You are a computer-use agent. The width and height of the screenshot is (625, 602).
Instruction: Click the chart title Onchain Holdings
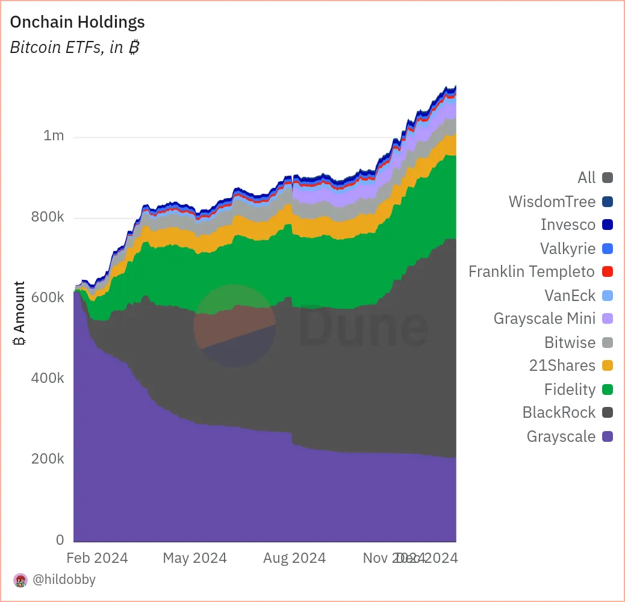click(x=78, y=22)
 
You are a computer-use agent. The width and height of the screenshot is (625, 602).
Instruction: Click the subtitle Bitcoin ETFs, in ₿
click(x=75, y=48)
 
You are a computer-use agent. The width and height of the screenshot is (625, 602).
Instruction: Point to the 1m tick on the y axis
click(x=54, y=136)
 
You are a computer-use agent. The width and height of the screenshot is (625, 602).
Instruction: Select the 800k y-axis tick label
click(x=48, y=217)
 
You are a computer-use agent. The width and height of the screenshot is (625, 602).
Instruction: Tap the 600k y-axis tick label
click(x=48, y=298)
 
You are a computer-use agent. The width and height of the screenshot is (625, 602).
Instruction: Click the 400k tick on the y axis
click(x=48, y=379)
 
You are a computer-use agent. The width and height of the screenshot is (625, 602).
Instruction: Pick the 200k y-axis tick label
click(x=48, y=459)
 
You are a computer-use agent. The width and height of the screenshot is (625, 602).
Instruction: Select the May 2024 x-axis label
click(x=194, y=558)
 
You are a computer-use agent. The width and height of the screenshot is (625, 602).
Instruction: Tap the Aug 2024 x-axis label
click(x=294, y=558)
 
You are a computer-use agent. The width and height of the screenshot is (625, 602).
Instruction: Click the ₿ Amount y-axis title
click(x=19, y=314)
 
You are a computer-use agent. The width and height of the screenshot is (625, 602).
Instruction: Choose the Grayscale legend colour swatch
click(x=607, y=436)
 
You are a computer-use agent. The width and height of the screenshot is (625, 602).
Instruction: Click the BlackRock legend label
click(x=559, y=413)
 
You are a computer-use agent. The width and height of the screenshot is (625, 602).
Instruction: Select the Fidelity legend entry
click(x=570, y=389)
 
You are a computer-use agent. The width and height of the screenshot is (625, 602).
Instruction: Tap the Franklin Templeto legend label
click(x=532, y=272)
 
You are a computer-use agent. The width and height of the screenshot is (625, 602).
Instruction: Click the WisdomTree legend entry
click(x=552, y=202)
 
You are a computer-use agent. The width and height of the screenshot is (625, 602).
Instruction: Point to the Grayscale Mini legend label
click(x=544, y=318)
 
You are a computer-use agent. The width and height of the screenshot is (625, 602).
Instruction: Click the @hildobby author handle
click(x=64, y=580)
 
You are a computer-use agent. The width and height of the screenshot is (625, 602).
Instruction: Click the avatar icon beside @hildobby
click(x=20, y=580)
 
